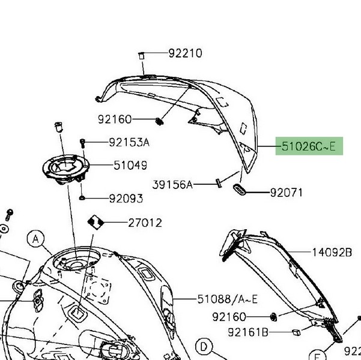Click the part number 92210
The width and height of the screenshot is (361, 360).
[186, 53]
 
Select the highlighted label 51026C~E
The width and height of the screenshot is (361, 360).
[309, 146]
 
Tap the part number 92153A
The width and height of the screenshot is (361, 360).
[129, 142]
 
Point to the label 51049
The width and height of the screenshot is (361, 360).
[130, 165]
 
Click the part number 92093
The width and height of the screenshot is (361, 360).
[126, 199]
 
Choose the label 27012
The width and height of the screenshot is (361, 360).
[145, 223]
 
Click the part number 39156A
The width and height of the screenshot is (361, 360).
[172, 184]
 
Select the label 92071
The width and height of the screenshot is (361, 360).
[286, 193]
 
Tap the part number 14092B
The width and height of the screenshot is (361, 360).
[332, 253]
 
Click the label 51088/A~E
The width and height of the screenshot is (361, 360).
[228, 299]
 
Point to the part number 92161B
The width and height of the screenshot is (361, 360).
[248, 332]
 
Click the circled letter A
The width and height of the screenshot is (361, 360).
[35, 239]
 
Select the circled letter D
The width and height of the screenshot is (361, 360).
[204, 347]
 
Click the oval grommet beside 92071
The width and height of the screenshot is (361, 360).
[240, 190]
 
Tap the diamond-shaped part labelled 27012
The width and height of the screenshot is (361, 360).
[96, 222]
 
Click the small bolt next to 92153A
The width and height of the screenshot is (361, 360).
[82, 143]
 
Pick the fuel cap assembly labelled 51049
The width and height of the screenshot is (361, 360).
[66, 169]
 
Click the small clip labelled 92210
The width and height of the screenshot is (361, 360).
[141, 56]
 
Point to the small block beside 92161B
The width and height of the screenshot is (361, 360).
[296, 332]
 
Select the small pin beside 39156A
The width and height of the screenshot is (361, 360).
[219, 183]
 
